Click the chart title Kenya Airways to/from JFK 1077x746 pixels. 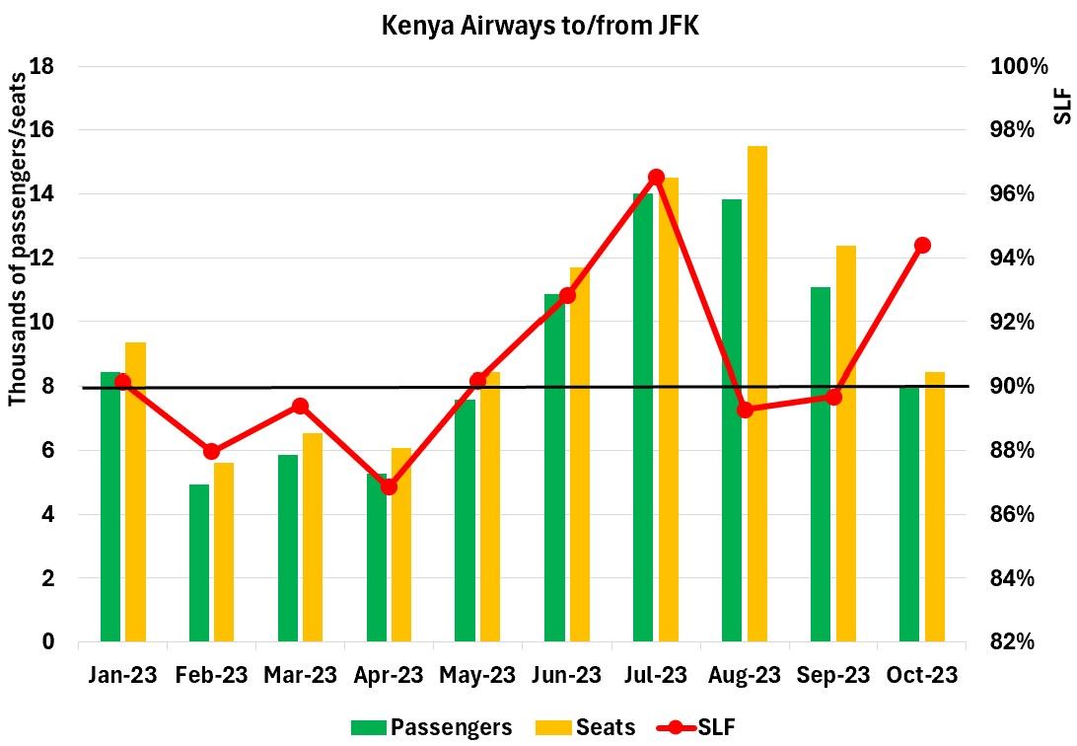point(539,26)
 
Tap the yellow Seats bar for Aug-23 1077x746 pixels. point(756,395)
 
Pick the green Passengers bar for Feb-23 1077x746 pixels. point(199,563)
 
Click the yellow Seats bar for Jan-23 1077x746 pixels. point(135,492)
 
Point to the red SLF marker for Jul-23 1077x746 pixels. point(656,178)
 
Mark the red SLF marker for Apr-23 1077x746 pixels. point(389,486)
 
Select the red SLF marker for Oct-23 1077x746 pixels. point(922,245)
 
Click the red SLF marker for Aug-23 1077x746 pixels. point(745,410)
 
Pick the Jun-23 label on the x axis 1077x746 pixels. point(567,676)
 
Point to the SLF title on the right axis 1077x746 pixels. point(1062,104)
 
